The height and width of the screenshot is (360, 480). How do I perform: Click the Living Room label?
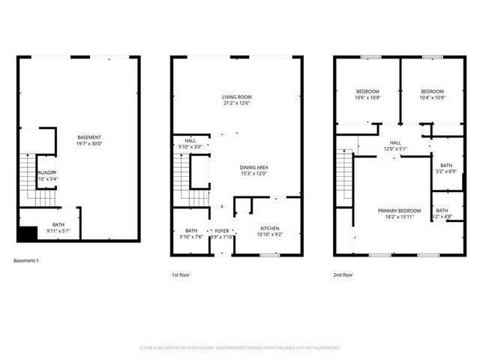tap(236, 100)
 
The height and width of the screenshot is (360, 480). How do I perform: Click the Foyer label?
tap(221, 233)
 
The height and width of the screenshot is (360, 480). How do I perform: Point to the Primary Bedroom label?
tap(399, 214)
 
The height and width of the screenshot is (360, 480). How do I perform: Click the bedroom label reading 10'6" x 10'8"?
tap(367, 94)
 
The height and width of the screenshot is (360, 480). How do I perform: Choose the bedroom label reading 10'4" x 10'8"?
tap(431, 94)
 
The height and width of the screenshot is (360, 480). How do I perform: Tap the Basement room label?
tap(89, 140)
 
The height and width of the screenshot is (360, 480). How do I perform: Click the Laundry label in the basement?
tap(46, 175)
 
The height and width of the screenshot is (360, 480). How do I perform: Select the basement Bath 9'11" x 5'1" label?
tap(58, 228)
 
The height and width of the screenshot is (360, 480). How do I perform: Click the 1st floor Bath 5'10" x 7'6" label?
tap(191, 233)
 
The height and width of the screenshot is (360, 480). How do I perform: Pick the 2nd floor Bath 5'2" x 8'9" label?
tap(446, 168)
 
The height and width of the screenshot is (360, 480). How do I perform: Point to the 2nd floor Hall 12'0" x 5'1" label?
tap(395, 145)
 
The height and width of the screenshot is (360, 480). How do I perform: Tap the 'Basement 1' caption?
tap(26, 260)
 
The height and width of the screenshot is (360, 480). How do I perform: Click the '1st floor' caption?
tap(180, 275)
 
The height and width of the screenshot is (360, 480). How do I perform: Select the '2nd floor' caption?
tap(343, 275)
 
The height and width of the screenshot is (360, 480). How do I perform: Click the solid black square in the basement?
tap(27, 233)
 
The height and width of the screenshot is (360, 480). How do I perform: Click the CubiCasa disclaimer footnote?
tap(240, 348)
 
